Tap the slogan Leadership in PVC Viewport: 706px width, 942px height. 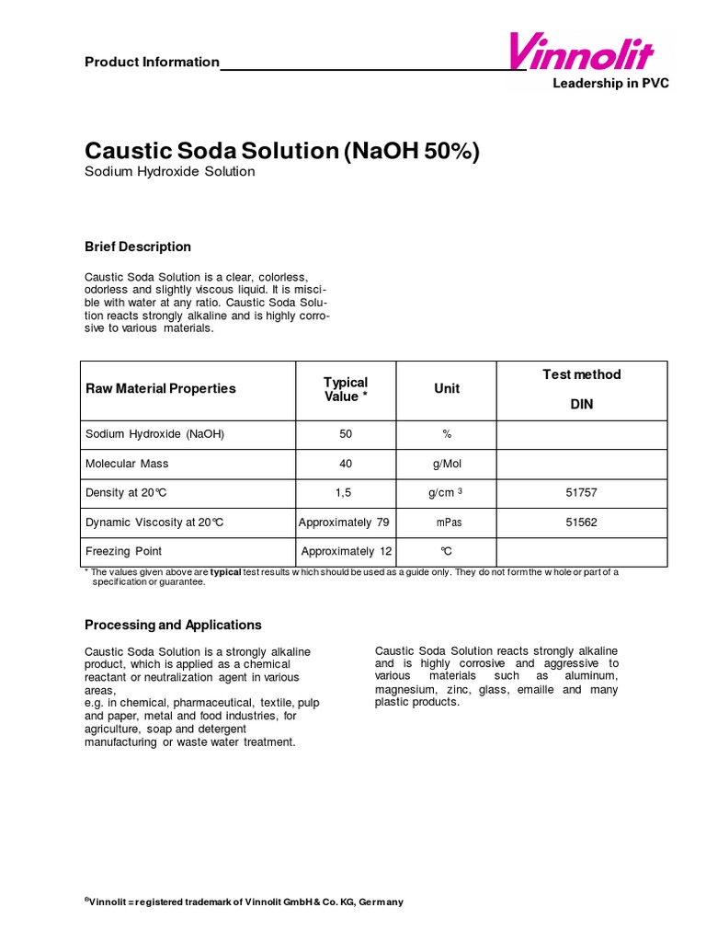coord(610,84)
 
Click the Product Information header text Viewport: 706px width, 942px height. coord(152,63)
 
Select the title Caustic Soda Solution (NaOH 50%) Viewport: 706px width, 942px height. coord(281,151)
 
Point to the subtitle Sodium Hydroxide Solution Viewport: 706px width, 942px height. coord(169,172)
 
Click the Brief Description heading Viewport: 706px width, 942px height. coord(138,247)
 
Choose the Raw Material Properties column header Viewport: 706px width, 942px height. coord(160,389)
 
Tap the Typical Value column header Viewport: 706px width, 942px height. coord(345,389)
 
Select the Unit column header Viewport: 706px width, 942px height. coord(447,389)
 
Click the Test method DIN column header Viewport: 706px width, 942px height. coord(581,389)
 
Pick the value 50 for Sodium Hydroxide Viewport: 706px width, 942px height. coord(345,434)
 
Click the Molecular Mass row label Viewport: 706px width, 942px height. coord(127,464)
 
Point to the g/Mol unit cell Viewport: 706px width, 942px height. coord(447,464)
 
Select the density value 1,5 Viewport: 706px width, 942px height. coord(344,493)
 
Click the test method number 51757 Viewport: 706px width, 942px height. coord(581,493)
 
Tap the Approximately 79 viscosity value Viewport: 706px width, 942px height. coord(344,523)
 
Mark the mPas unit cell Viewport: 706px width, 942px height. coord(447,523)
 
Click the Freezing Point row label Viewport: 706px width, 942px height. coord(123,552)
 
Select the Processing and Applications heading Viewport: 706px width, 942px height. coord(173,625)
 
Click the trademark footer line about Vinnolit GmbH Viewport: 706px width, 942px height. coord(244,902)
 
